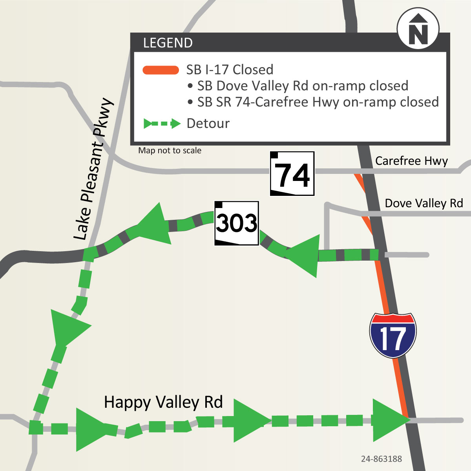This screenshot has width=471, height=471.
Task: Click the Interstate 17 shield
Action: (x=392, y=335)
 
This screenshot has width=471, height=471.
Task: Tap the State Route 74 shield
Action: (x=292, y=173)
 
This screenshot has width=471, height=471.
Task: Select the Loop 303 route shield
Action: (x=236, y=223)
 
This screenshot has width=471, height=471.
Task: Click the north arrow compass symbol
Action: (x=418, y=29)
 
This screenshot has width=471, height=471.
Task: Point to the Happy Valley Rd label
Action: (x=163, y=402)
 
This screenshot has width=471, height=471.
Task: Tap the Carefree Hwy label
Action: (x=411, y=161)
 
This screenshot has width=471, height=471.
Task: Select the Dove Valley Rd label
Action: (x=424, y=203)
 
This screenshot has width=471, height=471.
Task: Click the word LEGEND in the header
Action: (x=168, y=43)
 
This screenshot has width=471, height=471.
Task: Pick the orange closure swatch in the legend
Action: (x=161, y=70)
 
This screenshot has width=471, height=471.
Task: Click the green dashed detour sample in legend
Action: (x=162, y=124)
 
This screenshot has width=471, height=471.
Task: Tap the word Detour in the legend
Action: (x=208, y=124)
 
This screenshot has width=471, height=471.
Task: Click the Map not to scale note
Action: (x=170, y=151)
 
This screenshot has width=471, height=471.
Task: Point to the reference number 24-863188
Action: (x=382, y=459)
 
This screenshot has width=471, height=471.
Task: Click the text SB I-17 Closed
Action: (x=230, y=70)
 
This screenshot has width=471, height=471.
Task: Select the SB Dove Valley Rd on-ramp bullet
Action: (x=298, y=86)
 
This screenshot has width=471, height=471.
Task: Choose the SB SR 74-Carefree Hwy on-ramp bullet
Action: (x=313, y=102)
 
